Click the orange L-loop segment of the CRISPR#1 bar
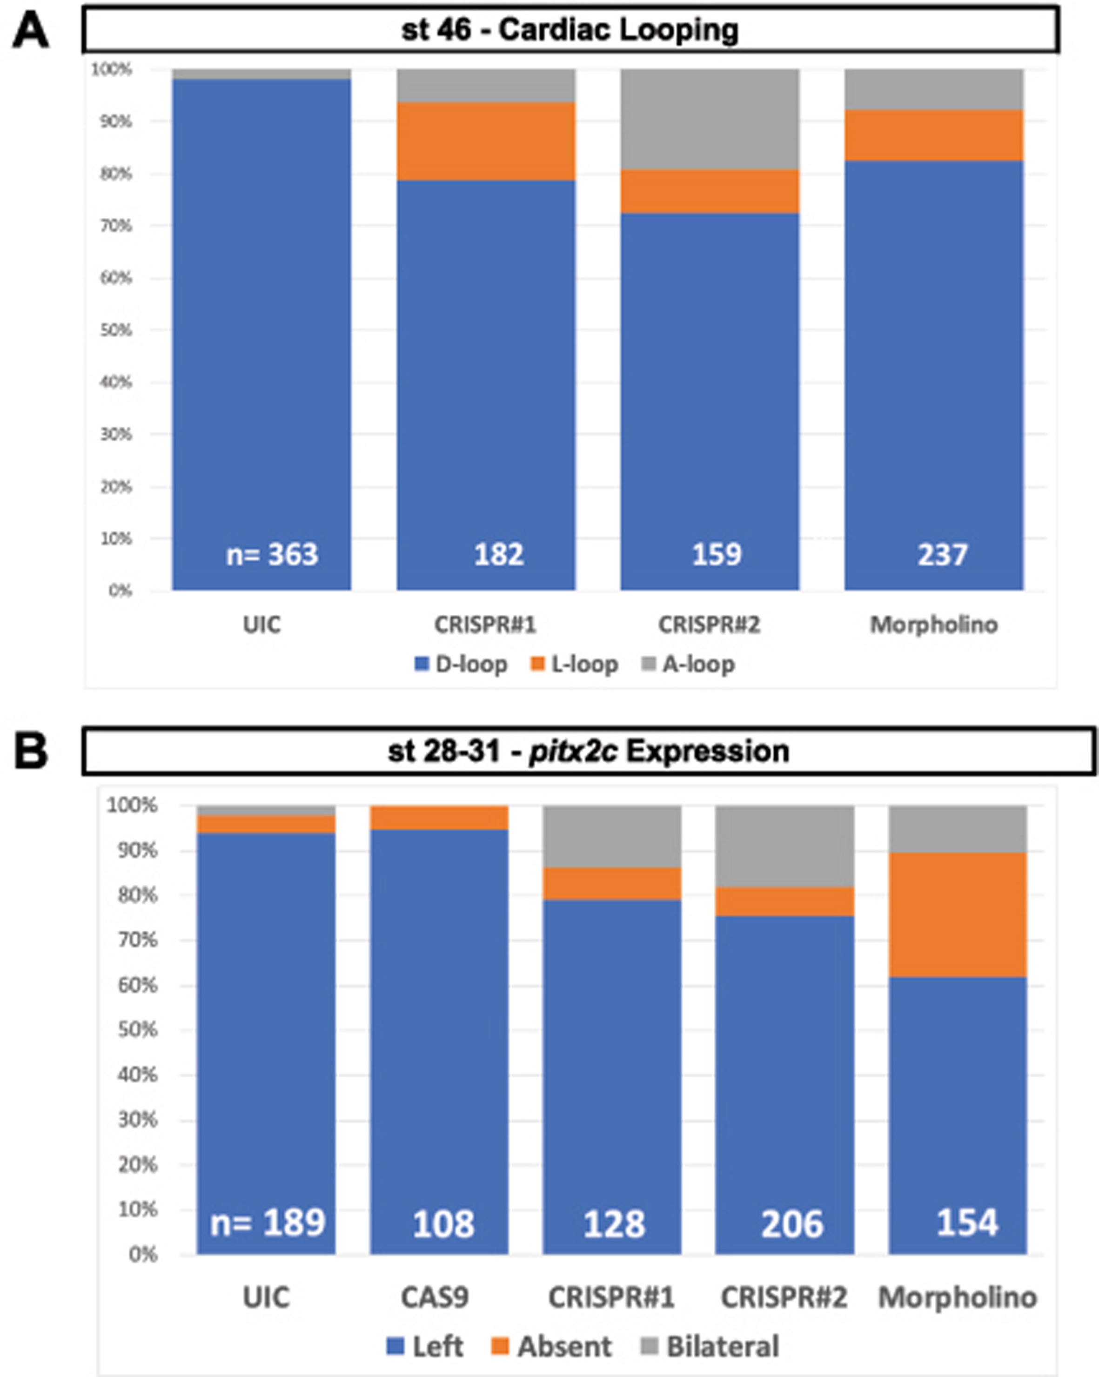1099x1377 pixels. pyautogui.click(x=485, y=141)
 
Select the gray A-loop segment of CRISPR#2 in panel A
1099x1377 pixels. pyautogui.click(x=710, y=119)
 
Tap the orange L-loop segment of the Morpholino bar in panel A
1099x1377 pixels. pyautogui.click(x=934, y=135)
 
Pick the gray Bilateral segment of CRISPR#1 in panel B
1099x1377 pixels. pyautogui.click(x=612, y=836)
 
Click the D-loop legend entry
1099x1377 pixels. pyautogui.click(x=461, y=664)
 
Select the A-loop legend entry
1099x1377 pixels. pyautogui.click(x=689, y=664)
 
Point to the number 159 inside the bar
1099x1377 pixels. pyautogui.click(x=717, y=554)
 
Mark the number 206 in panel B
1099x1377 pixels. pyautogui.click(x=792, y=1224)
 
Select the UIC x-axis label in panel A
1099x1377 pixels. pyautogui.click(x=261, y=624)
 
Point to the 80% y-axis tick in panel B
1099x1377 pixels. pyautogui.click(x=137, y=895)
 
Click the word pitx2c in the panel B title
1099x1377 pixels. pyautogui.click(x=573, y=751)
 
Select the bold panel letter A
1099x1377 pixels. pyautogui.click(x=30, y=32)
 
